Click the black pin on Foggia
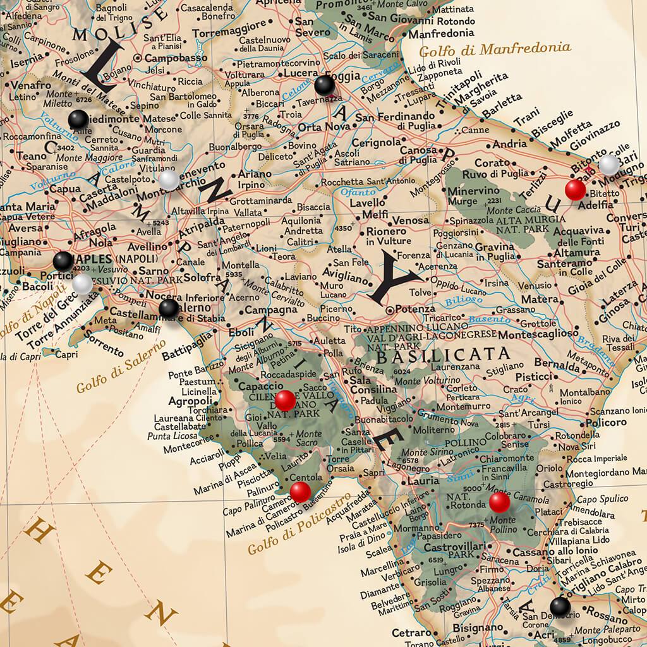[324, 85]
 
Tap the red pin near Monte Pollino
[499, 502]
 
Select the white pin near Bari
[609, 165]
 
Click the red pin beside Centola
[299, 491]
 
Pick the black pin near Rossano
[560, 607]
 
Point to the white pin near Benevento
[169, 181]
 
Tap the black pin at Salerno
[169, 308]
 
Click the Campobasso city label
[168, 57]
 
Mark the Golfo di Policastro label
[290, 527]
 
